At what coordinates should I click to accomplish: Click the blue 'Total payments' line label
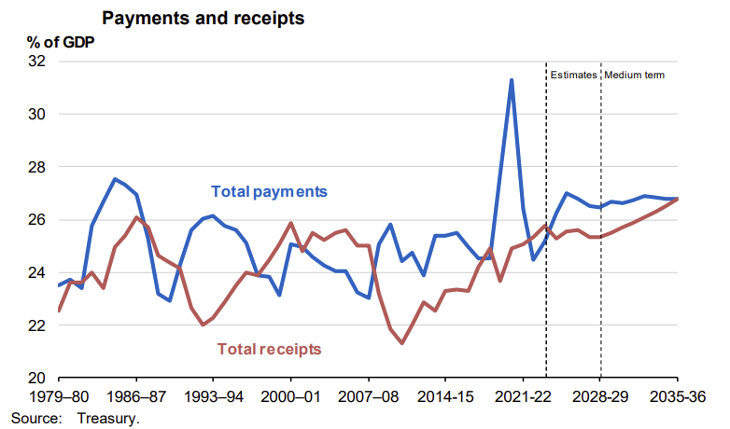coord(270,192)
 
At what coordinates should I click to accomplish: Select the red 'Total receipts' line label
coord(270,349)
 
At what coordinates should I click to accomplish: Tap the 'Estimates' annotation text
coord(572,75)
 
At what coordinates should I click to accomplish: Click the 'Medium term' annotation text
coord(635,75)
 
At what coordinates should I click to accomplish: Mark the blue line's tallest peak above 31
coord(512,80)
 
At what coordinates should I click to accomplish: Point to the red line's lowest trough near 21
coord(402,343)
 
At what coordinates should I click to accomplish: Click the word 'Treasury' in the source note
coord(111,418)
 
